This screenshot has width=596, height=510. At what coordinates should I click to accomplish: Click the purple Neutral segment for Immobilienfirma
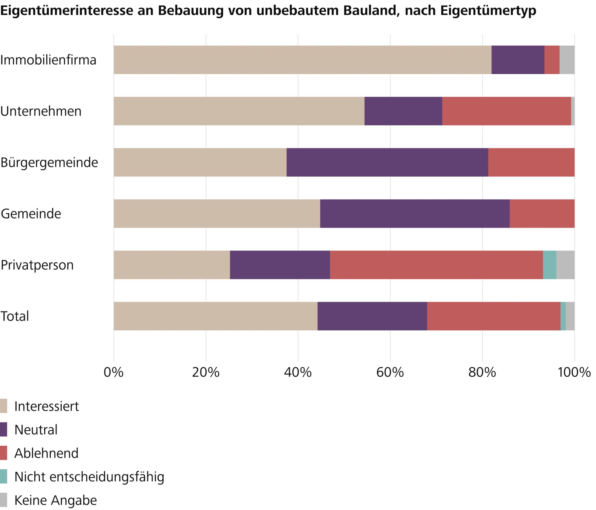pos(518,60)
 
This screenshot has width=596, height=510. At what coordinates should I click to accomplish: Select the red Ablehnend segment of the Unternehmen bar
pos(506,111)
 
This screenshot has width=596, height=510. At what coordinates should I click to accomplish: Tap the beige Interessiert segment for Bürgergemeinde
pos(200,162)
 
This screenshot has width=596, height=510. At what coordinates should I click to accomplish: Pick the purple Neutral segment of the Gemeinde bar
pos(415,214)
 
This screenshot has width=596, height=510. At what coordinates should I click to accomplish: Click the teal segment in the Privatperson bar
pos(549,265)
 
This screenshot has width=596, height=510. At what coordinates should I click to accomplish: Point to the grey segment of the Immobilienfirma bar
pos(567,60)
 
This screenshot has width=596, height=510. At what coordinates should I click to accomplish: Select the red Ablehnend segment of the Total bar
pos(494,316)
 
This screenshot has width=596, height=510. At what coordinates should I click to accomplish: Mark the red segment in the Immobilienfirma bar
pos(552,60)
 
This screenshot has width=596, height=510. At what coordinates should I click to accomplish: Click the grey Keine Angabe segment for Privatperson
pos(565,265)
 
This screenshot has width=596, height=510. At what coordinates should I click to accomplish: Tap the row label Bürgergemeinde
pos(49,163)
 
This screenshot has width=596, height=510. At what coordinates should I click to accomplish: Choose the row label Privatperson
pos(37,265)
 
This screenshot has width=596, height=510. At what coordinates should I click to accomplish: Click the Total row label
pos(15,316)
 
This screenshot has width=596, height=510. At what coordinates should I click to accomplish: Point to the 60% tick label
pos(390,372)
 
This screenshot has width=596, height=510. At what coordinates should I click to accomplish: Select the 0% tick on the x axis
pos(114,372)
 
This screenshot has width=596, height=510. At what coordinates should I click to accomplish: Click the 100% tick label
pos(574,372)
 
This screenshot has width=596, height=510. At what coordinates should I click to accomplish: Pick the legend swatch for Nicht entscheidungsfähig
pos(3,476)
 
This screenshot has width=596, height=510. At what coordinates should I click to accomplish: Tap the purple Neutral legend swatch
pos(3,430)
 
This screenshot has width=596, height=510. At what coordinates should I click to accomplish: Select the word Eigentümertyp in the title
pos(488,11)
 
